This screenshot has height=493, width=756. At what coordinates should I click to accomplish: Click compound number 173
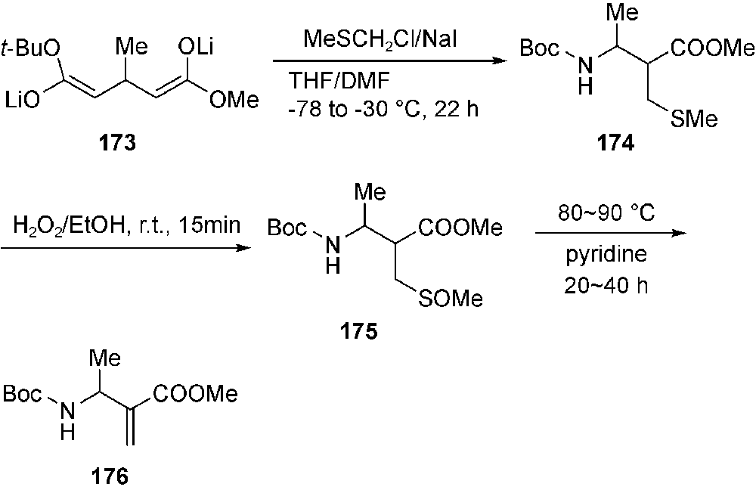126,144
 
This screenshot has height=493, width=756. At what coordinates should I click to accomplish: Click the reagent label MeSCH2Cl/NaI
389,39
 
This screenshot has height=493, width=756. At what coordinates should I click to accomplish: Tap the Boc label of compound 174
541,49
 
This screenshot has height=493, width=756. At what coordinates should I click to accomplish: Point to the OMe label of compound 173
233,100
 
